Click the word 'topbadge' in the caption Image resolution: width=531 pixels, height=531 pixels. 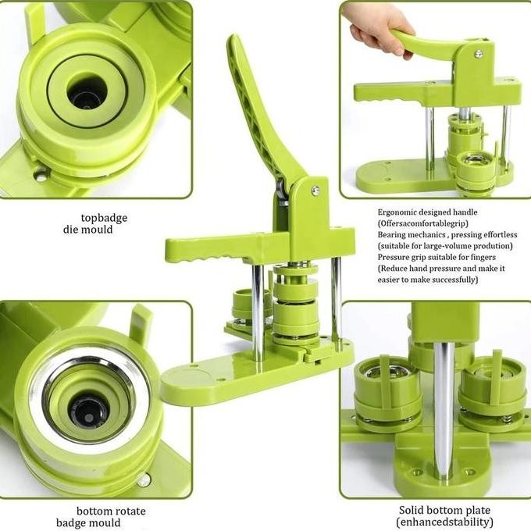[104, 218]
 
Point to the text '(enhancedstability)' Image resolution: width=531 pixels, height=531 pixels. [445, 522]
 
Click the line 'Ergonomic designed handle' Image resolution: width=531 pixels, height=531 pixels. [427, 212]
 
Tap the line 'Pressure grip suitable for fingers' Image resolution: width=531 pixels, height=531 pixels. [437, 257]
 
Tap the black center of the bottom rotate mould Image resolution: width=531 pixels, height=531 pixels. [88, 409]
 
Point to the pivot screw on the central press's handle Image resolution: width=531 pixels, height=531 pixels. [315, 190]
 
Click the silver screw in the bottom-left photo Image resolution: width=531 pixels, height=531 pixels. [143, 479]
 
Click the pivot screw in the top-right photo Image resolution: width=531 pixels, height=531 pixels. [478, 54]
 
